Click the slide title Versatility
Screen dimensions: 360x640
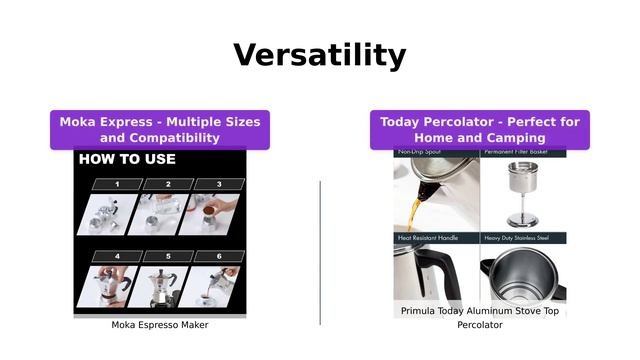coord(320,54)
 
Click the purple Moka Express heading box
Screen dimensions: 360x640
coord(160,130)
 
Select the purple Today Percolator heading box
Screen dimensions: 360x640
coord(480,130)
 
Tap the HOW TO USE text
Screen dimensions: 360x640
coord(127,159)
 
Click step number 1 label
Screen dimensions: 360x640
coord(117,184)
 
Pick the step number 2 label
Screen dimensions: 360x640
coord(168,184)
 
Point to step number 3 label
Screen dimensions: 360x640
coord(219,184)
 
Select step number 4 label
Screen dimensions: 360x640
coord(116,256)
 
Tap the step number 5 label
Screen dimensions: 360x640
coord(167,256)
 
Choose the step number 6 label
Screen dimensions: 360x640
coord(218,256)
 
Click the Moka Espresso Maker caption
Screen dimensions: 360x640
coord(160,325)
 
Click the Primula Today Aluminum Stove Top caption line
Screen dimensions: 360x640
coord(480,312)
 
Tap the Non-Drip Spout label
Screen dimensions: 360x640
coord(420,153)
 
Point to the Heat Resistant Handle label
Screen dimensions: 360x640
coord(428,238)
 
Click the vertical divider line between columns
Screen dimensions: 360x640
coord(320,252)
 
